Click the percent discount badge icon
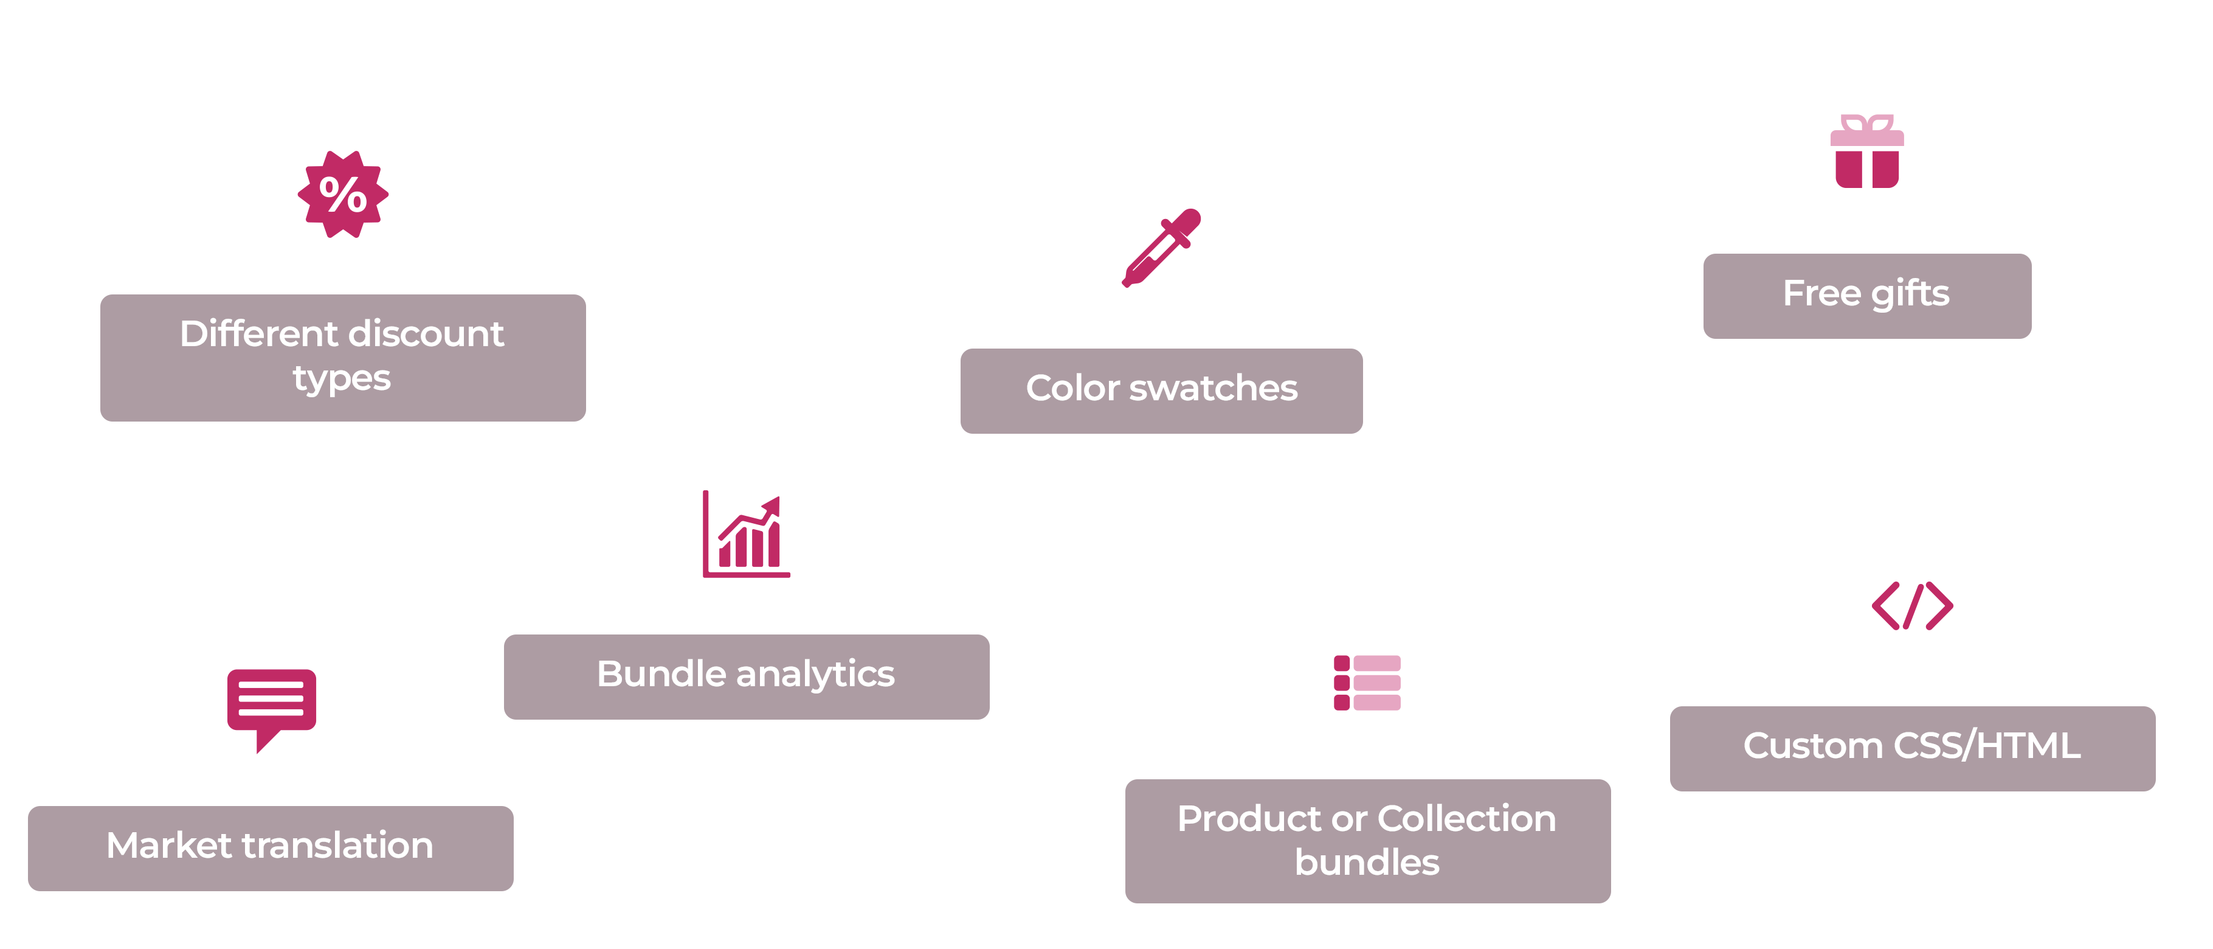tap(343, 194)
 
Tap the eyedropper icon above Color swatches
tap(1161, 248)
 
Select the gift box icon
tap(1867, 151)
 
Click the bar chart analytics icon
tap(746, 534)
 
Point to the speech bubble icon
tap(272, 710)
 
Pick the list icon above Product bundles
tap(1367, 683)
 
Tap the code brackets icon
tap(1912, 606)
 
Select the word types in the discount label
tap(342, 379)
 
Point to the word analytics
tap(815, 675)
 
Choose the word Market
tap(169, 845)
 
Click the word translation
tap(337, 845)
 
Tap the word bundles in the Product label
tap(1367, 862)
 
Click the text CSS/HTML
tap(1987, 745)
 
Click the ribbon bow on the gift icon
tap(1867, 123)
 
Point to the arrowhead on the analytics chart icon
tap(772, 506)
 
